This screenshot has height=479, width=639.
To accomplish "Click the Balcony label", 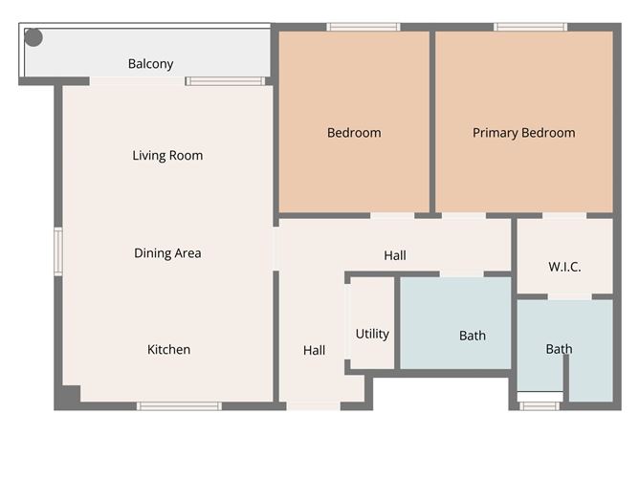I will tap(151, 64).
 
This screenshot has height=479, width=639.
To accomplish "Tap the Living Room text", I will tap(167, 155).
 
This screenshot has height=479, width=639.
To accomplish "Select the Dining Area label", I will tap(167, 253).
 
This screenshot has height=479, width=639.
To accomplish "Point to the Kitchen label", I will tap(168, 349).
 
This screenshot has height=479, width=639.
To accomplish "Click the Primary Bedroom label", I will tap(524, 133).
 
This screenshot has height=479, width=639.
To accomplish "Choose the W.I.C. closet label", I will tap(564, 267).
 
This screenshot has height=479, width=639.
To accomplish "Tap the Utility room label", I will tap(372, 334).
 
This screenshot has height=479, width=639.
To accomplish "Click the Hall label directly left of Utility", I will tap(315, 351).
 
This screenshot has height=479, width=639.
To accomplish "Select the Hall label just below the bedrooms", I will tap(395, 255).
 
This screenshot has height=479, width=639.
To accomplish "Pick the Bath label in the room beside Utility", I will tap(473, 336).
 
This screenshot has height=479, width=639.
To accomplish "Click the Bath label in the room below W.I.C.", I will tap(560, 349).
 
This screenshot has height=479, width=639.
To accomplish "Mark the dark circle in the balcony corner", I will tap(33, 38).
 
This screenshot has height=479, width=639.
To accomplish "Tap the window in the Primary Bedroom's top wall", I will tap(530, 27).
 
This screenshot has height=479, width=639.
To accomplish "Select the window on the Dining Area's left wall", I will tap(58, 251).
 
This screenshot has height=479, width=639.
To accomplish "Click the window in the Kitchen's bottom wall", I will tap(179, 406).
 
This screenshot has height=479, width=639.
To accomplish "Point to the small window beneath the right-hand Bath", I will tap(540, 406).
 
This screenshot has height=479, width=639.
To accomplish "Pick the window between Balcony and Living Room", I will tap(225, 81).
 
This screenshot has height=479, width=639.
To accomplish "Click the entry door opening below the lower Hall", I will tap(313, 406).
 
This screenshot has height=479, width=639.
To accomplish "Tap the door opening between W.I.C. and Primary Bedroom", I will tap(564, 216).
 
